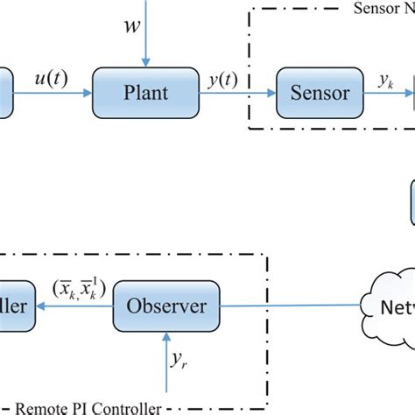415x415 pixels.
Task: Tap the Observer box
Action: coord(166,306)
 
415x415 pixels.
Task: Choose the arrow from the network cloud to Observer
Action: coord(289,306)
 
